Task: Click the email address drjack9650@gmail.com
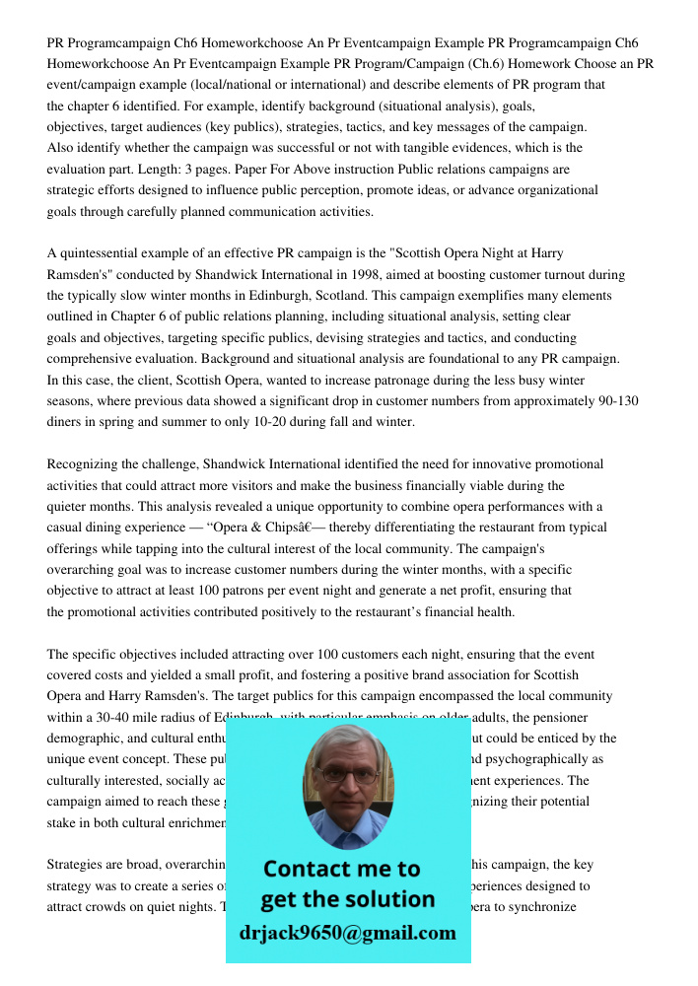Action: click(347, 932)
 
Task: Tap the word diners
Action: click(65, 422)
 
